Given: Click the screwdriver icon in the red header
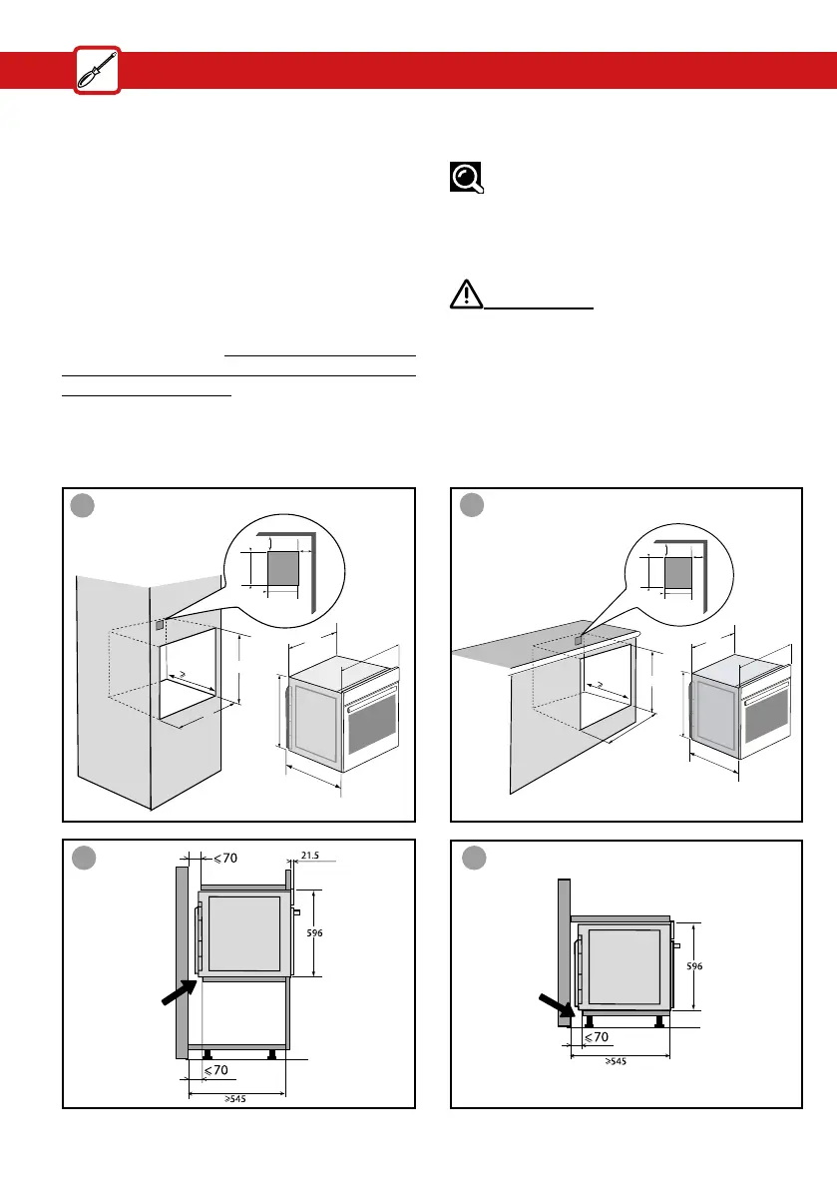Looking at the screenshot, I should [x=97, y=71].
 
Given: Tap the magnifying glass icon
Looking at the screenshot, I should [x=466, y=177].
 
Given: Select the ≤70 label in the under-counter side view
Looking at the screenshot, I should [x=596, y=1038].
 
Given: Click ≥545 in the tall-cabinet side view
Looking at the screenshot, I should [x=235, y=1099].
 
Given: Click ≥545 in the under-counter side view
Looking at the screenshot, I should [x=619, y=1061].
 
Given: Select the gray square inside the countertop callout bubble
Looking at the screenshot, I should [x=679, y=573].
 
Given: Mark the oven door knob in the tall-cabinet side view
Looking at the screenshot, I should [x=296, y=912].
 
